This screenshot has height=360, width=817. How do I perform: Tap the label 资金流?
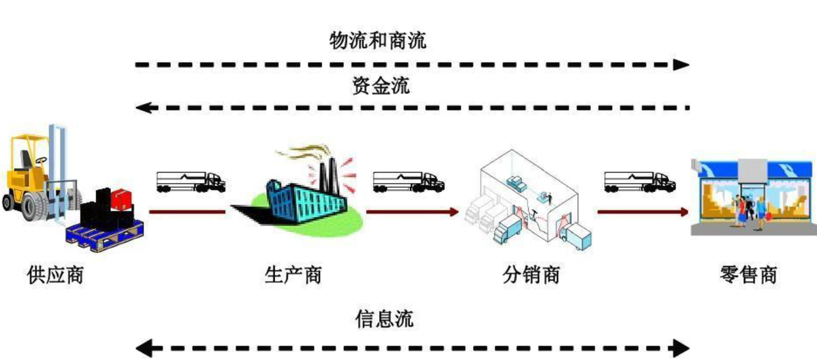(x=381, y=85)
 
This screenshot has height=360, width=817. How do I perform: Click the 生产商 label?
(x=293, y=276)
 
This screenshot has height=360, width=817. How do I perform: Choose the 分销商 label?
(x=531, y=276)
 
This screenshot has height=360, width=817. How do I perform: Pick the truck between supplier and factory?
(x=191, y=181)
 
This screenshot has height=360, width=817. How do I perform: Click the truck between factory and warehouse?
(x=408, y=181)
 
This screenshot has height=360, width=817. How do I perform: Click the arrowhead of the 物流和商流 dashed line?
(x=682, y=65)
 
